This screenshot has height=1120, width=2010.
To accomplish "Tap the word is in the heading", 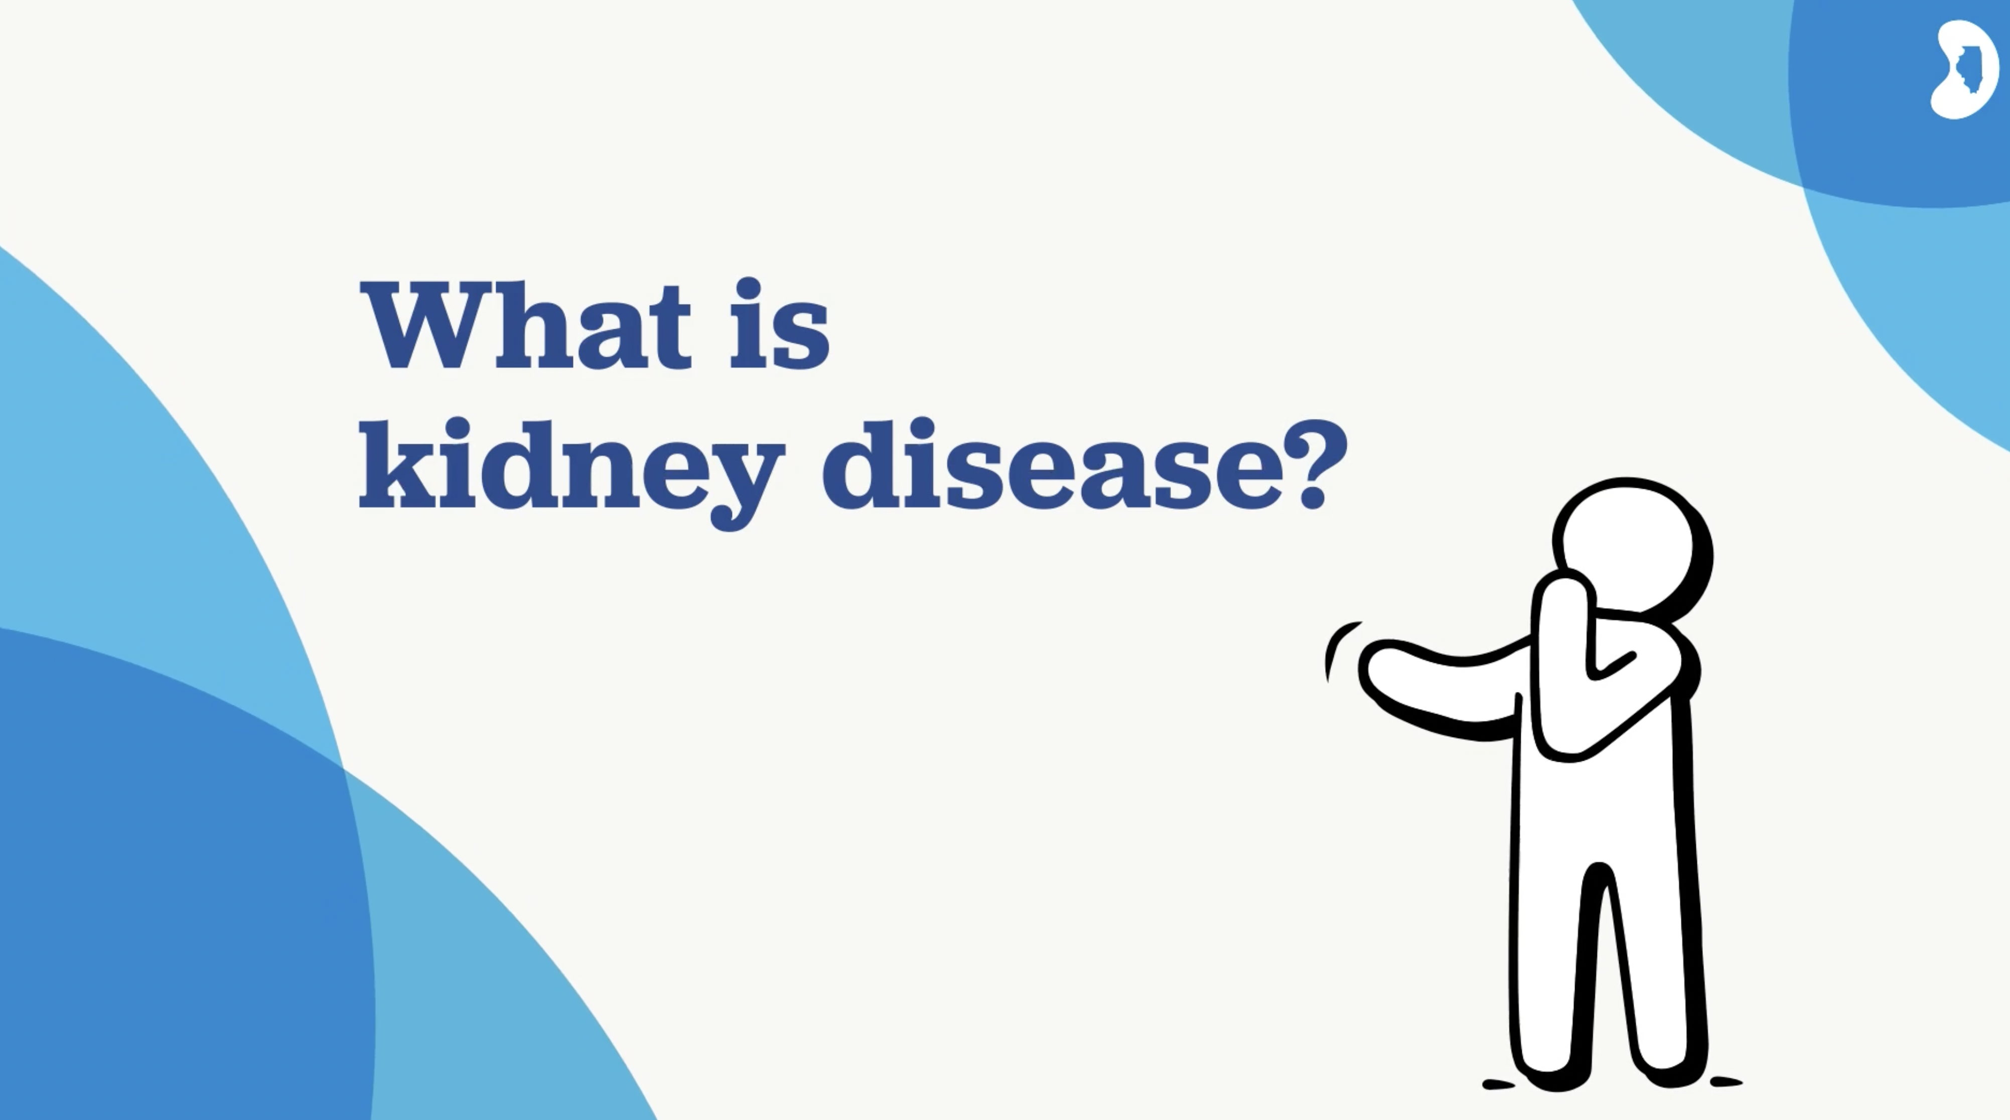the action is click(x=779, y=323).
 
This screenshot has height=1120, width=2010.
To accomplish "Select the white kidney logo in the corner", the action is click(x=1965, y=69).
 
